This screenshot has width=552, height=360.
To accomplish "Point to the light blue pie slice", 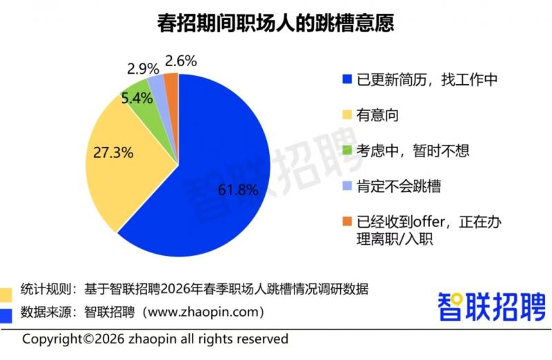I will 157,83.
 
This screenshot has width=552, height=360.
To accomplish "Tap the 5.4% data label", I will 137,98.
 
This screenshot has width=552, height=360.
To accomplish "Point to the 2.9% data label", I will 143,68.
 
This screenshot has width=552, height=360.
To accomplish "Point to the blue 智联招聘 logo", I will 492,306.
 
